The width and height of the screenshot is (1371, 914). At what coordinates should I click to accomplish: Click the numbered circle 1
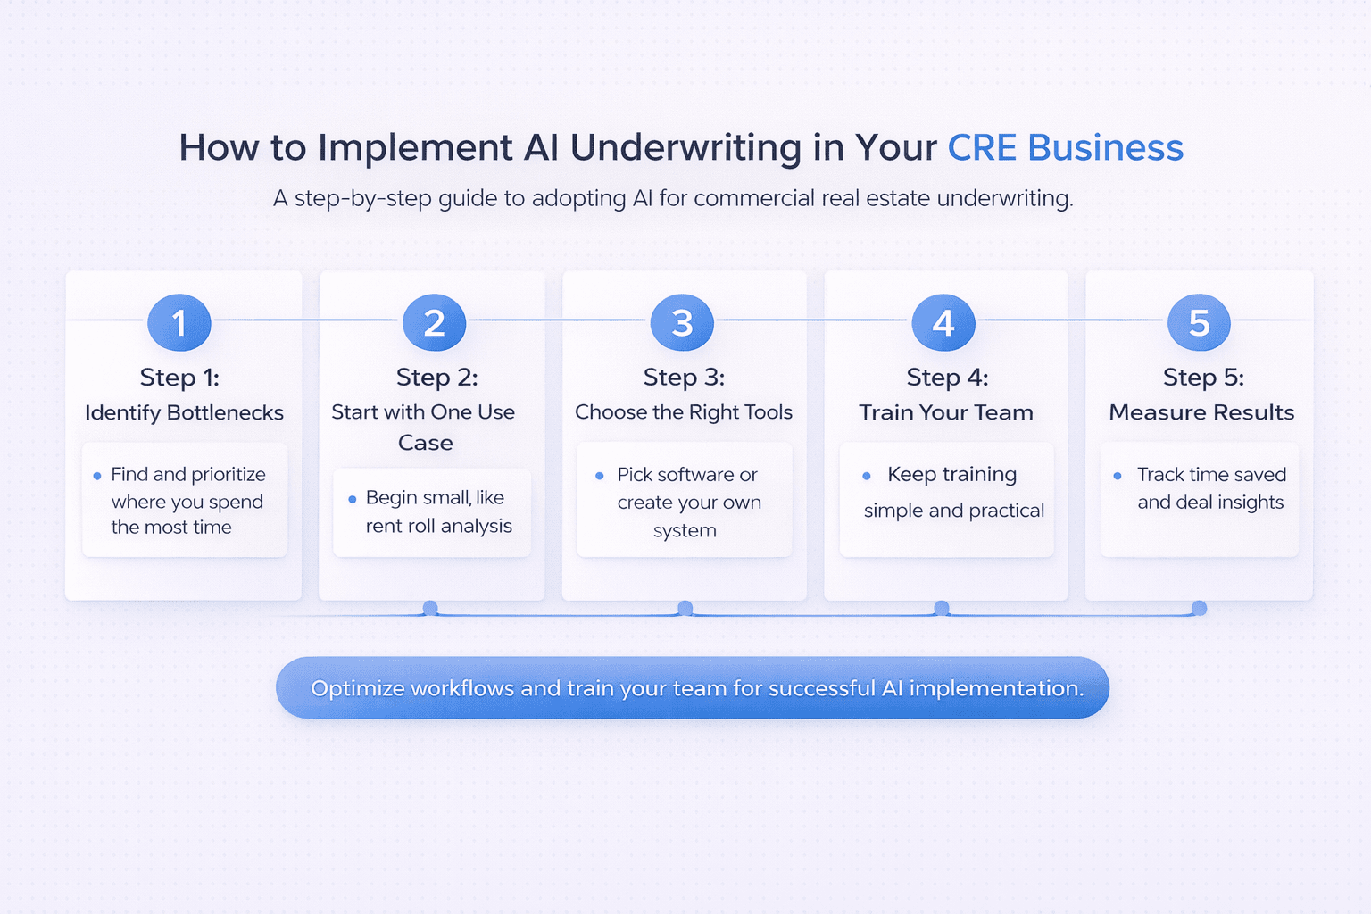(179, 322)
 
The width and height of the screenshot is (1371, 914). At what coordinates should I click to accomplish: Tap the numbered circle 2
(434, 322)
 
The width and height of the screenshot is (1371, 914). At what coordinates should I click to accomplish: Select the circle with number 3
(682, 322)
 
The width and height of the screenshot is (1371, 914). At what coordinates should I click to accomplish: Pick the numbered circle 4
(943, 322)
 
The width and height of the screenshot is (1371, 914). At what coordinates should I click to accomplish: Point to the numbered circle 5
(1199, 322)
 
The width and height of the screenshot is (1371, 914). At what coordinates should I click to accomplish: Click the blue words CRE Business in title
(1065, 148)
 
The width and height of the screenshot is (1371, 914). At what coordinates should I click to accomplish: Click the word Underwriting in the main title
(685, 148)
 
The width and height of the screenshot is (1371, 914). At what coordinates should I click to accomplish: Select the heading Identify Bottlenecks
(184, 412)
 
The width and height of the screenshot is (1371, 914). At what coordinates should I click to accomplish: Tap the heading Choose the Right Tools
(684, 412)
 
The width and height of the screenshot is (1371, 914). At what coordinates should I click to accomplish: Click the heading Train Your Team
(946, 412)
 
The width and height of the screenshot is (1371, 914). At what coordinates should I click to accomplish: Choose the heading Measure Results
(1201, 412)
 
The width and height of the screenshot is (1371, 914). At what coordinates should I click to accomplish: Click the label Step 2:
(436, 378)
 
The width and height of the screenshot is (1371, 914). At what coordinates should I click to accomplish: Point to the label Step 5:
(1203, 378)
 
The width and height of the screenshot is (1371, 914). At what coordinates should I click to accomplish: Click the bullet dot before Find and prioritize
(97, 476)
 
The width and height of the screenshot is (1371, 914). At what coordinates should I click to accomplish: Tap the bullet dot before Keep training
(866, 476)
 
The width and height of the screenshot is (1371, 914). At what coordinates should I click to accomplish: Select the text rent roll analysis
(438, 526)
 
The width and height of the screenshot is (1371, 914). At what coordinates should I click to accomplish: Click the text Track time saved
(1211, 475)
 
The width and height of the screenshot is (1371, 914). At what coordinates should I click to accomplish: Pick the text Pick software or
(687, 475)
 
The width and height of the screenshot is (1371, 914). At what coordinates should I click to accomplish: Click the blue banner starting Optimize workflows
(693, 688)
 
